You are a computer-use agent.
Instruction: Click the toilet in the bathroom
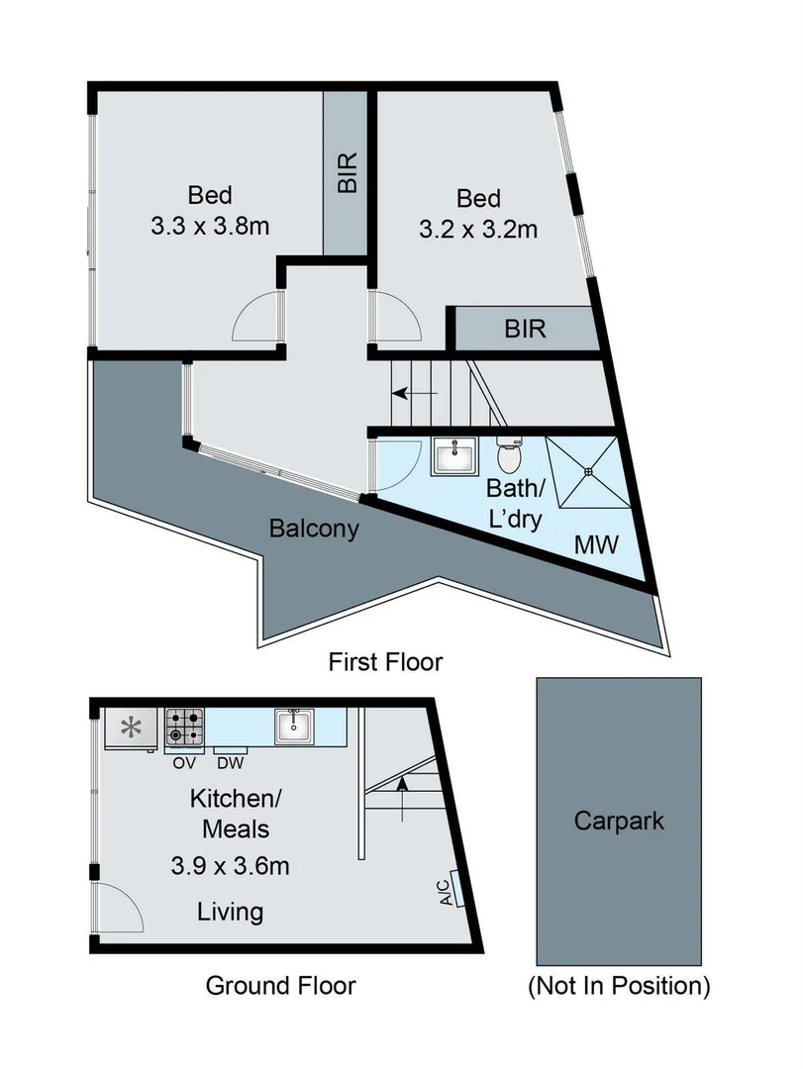coord(508,455)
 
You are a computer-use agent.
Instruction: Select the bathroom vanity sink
coord(454,456)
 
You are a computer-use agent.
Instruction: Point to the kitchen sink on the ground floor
coord(295,728)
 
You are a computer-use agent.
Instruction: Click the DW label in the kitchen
coord(231,762)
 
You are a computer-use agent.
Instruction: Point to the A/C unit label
coord(446,894)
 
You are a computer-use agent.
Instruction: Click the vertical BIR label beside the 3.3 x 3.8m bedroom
coord(347,172)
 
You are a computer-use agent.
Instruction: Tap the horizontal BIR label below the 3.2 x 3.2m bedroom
coord(525,329)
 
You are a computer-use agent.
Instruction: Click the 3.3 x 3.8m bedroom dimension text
coord(211,227)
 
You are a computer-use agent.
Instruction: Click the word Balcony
coord(313,528)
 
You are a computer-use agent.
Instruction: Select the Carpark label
coord(619,821)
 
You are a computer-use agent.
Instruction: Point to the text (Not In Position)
coord(619,985)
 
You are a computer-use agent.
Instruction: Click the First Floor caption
coord(386,661)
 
